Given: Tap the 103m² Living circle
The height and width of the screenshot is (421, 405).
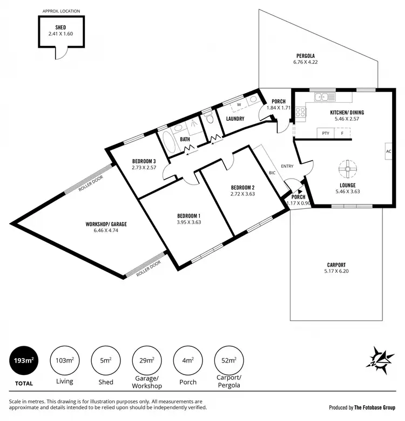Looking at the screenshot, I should (65, 360).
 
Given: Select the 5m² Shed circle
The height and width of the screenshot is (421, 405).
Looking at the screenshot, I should (106, 360).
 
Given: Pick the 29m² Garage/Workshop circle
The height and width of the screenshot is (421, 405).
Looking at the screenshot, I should (146, 360).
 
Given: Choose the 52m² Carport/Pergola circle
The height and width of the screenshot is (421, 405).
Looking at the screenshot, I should (228, 360).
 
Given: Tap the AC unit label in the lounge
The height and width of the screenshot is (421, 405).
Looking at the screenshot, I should (388, 152).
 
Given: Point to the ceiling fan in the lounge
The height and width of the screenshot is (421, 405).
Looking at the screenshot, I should (343, 169).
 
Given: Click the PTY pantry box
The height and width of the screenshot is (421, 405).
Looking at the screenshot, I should (325, 133).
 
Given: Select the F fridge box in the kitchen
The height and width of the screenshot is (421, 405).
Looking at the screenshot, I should (342, 133).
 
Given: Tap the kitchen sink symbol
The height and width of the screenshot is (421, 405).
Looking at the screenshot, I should (326, 97).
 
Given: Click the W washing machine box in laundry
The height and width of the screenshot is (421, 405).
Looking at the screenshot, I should (238, 105).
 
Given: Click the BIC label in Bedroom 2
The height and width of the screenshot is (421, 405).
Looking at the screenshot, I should (272, 173).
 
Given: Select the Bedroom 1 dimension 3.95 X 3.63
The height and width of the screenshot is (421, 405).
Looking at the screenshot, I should (188, 222).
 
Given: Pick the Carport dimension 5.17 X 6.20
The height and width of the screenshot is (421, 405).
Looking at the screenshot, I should (336, 271).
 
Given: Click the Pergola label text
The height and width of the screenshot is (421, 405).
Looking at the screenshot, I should (305, 56).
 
